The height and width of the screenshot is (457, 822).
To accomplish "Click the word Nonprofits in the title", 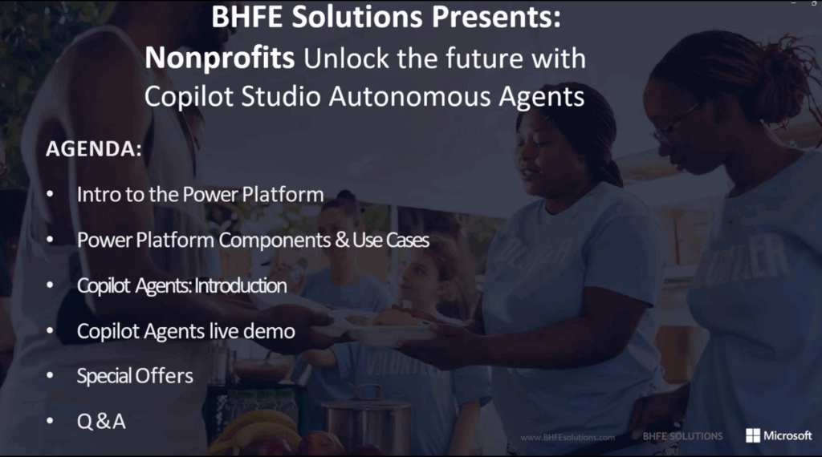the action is tap(220, 57).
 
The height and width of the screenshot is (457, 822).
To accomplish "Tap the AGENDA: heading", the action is tap(94, 148).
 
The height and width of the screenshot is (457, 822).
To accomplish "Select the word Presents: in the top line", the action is tap(496, 17).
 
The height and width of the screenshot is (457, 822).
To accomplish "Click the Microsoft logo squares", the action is tap(753, 435).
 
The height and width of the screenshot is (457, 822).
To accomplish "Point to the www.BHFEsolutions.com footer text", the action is tap(568, 437).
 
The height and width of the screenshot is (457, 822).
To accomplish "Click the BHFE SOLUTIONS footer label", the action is tap(682, 436).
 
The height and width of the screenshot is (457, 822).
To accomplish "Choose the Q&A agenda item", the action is tap(101, 421).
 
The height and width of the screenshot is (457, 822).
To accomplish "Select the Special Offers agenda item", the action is tap(135, 376).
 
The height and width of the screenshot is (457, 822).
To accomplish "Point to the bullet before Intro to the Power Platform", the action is tap(50, 194).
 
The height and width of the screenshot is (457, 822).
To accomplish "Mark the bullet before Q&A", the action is tap(50, 420).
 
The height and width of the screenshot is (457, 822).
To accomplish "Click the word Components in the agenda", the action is tap(275, 241).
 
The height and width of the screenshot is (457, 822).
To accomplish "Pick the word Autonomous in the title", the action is tap(410, 96).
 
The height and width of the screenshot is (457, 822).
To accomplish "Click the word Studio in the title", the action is tap(280, 96).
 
